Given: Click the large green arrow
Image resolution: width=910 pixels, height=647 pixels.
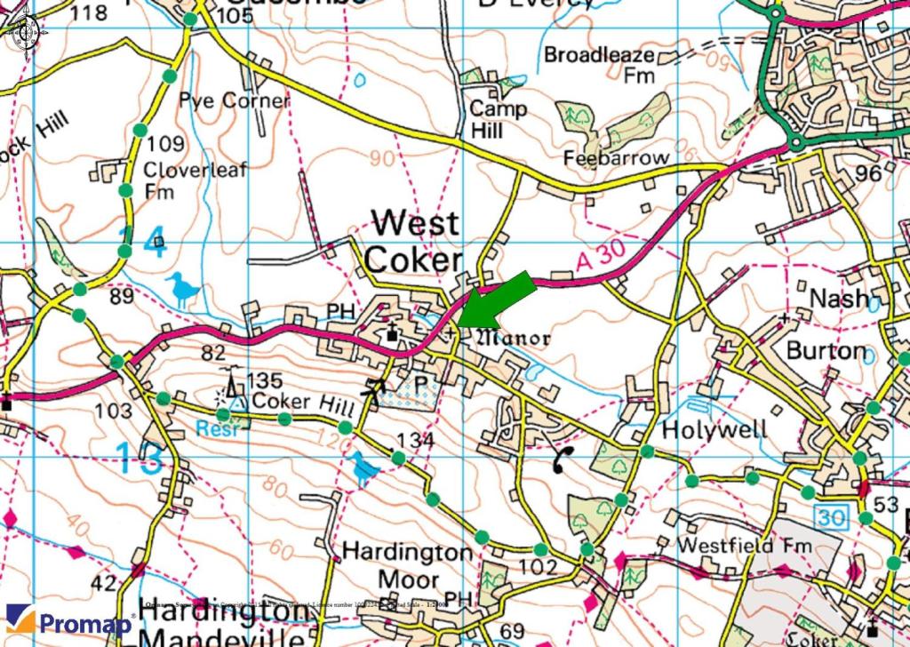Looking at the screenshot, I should coord(499,302).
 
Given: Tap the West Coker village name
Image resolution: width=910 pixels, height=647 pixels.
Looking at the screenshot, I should coord(414,241).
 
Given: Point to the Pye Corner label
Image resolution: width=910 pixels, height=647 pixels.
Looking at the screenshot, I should coord(235,100).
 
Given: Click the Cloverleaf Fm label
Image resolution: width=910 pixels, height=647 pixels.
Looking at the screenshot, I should coord(196,180).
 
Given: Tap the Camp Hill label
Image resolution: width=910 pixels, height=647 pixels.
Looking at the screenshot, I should coord(498,120).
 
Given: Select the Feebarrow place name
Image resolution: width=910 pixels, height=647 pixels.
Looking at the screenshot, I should coord(617,157).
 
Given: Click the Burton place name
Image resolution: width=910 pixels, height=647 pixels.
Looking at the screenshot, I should coord(826,350).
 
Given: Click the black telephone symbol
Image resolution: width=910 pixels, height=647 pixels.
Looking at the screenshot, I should coord(563,459).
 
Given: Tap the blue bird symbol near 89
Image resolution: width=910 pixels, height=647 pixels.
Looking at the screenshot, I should coord(182,290).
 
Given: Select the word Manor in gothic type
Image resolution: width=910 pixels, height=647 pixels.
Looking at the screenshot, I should coord(515,338).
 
